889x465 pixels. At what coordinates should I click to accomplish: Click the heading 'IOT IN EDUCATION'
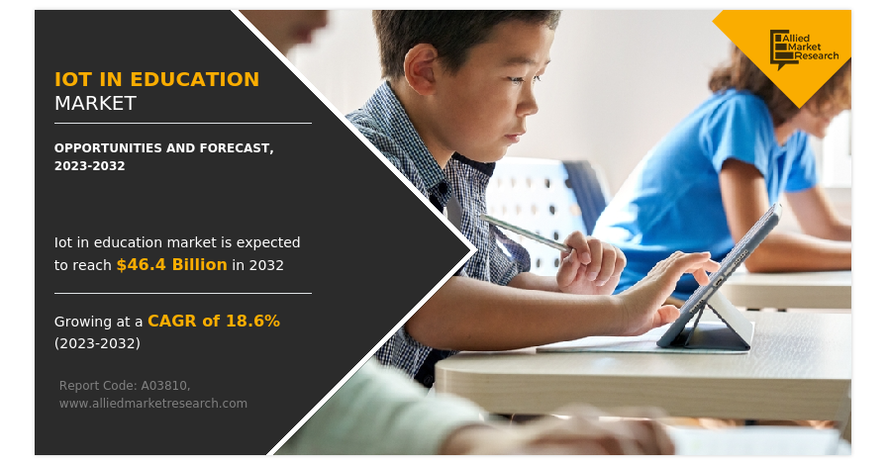pyautogui.click(x=156, y=79)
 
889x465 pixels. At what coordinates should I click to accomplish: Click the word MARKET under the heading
pyautogui.click(x=95, y=103)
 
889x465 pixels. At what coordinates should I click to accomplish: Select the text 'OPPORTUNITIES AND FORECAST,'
pyautogui.click(x=163, y=147)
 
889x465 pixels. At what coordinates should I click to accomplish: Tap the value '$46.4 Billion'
pyautogui.click(x=171, y=265)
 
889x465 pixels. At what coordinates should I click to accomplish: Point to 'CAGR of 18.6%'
pyautogui.click(x=213, y=321)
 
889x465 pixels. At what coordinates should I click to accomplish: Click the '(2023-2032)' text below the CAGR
pyautogui.click(x=97, y=343)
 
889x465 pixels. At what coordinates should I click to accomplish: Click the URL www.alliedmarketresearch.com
pyautogui.click(x=152, y=403)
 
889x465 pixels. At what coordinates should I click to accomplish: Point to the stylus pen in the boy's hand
pyautogui.click(x=525, y=233)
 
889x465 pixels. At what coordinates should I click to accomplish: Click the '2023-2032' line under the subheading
pyautogui.click(x=89, y=165)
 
